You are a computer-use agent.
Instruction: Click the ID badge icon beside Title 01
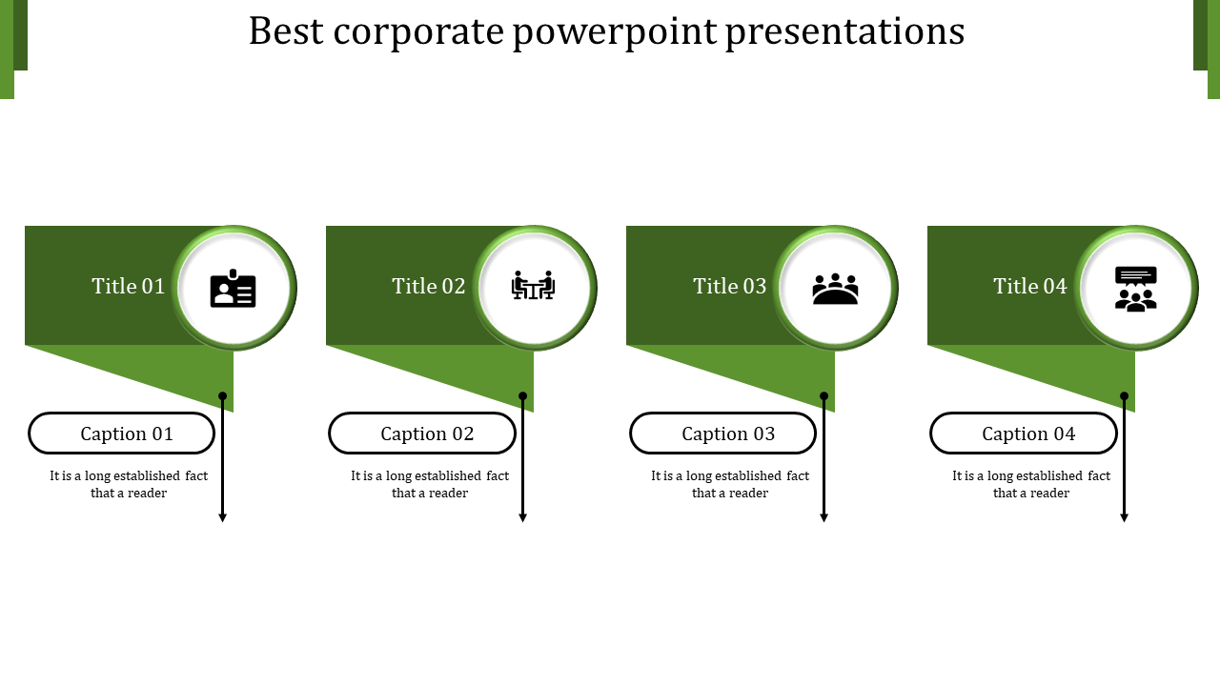tap(234, 289)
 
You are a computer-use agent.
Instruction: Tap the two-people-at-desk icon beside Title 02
tap(534, 285)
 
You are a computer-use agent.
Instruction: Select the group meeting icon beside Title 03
tap(835, 289)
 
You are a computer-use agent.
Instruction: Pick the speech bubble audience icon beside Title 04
tap(1135, 288)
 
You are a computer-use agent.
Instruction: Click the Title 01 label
tap(129, 286)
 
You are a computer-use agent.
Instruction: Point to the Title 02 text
tap(429, 286)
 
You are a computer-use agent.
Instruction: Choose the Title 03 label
tap(730, 286)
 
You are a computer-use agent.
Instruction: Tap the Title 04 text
tap(1030, 286)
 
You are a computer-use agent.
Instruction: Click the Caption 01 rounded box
tap(122, 434)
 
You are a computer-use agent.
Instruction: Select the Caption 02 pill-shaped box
tap(422, 434)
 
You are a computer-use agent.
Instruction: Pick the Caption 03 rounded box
tap(723, 434)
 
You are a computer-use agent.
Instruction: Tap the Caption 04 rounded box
tap(1024, 434)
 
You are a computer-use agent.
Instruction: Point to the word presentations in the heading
tap(844, 31)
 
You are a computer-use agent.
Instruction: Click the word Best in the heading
tap(285, 31)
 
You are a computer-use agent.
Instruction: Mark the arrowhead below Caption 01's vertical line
tap(223, 517)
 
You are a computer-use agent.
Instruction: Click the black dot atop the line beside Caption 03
tap(823, 395)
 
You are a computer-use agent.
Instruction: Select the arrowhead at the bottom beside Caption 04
tap(1125, 517)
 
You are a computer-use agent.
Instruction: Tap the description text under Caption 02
tap(430, 484)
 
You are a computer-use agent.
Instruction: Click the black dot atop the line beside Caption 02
tap(523, 395)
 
